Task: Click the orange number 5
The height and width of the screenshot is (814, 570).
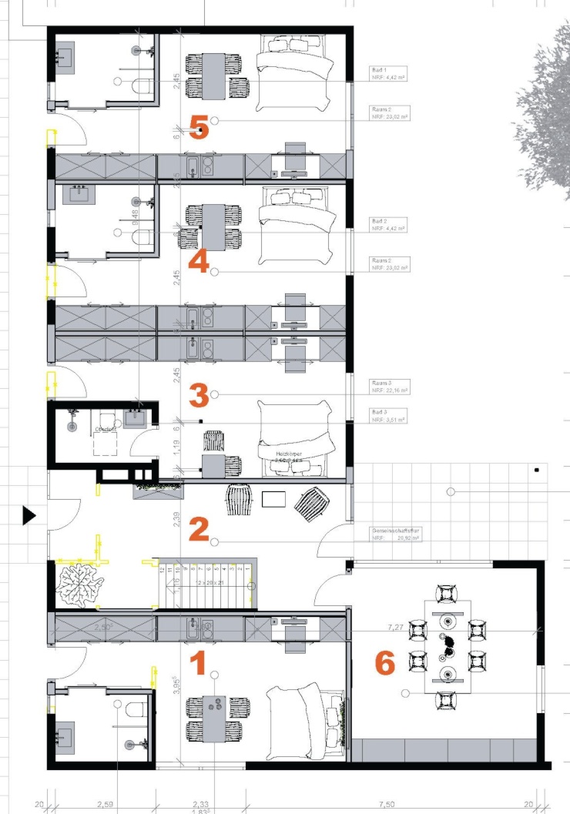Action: click(x=199, y=128)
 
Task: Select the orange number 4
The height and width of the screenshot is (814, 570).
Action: click(x=198, y=262)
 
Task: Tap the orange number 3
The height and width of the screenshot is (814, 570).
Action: click(x=198, y=397)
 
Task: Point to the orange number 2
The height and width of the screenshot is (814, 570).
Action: click(x=198, y=529)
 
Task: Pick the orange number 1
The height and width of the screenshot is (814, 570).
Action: click(x=197, y=663)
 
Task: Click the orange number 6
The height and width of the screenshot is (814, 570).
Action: click(x=385, y=663)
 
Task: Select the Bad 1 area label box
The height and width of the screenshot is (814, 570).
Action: click(x=388, y=73)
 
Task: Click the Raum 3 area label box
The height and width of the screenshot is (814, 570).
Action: click(x=388, y=387)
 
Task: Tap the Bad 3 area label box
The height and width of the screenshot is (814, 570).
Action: click(x=388, y=417)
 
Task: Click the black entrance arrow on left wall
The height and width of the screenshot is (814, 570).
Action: click(x=28, y=515)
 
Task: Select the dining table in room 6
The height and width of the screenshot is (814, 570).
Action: click(x=448, y=648)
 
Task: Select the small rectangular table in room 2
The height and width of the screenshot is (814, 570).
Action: click(x=274, y=499)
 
